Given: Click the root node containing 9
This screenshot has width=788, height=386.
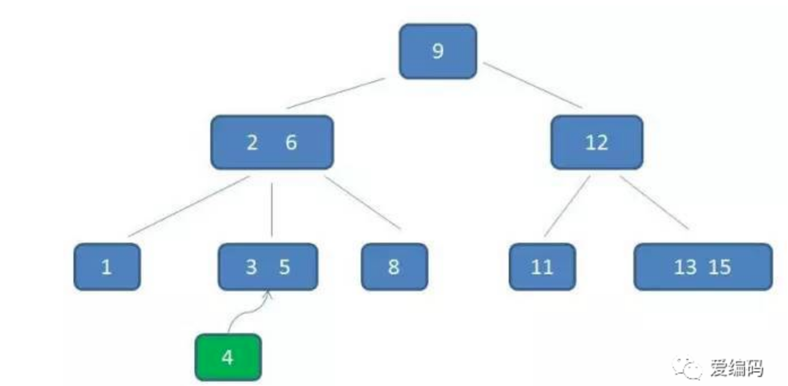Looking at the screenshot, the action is click(438, 51).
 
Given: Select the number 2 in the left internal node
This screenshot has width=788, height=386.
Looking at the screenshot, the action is click(252, 143).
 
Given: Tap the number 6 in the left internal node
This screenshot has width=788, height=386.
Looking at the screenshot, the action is click(291, 142).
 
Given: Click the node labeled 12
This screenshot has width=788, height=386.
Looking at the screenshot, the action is click(597, 142).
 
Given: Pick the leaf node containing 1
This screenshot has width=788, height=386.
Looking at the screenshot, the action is click(107, 267).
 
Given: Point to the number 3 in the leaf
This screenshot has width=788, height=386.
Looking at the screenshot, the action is click(251, 267).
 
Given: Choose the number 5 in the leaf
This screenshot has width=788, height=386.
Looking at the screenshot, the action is click(284, 267).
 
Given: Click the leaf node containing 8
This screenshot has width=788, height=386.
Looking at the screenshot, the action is click(395, 267).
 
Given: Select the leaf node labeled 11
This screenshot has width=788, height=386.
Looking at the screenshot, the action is click(542, 267).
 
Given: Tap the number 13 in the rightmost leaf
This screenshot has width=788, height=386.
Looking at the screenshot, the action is click(685, 267).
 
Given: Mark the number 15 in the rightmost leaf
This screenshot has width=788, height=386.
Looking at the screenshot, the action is click(720, 267).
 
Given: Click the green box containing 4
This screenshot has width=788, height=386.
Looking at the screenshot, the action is click(228, 357).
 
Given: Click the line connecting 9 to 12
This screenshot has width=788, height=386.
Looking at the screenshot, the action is click(532, 85).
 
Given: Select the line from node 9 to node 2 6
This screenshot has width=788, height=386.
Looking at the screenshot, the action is click(336, 94).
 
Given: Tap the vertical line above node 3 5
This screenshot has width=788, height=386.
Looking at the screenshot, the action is click(271, 210).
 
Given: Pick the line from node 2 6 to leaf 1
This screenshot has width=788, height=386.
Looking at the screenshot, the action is click(189, 206).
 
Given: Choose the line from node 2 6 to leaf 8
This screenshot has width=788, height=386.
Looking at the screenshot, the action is click(363, 203).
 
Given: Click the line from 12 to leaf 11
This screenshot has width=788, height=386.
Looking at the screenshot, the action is click(567, 206).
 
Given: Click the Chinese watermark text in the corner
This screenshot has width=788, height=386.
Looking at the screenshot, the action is click(737, 369).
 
